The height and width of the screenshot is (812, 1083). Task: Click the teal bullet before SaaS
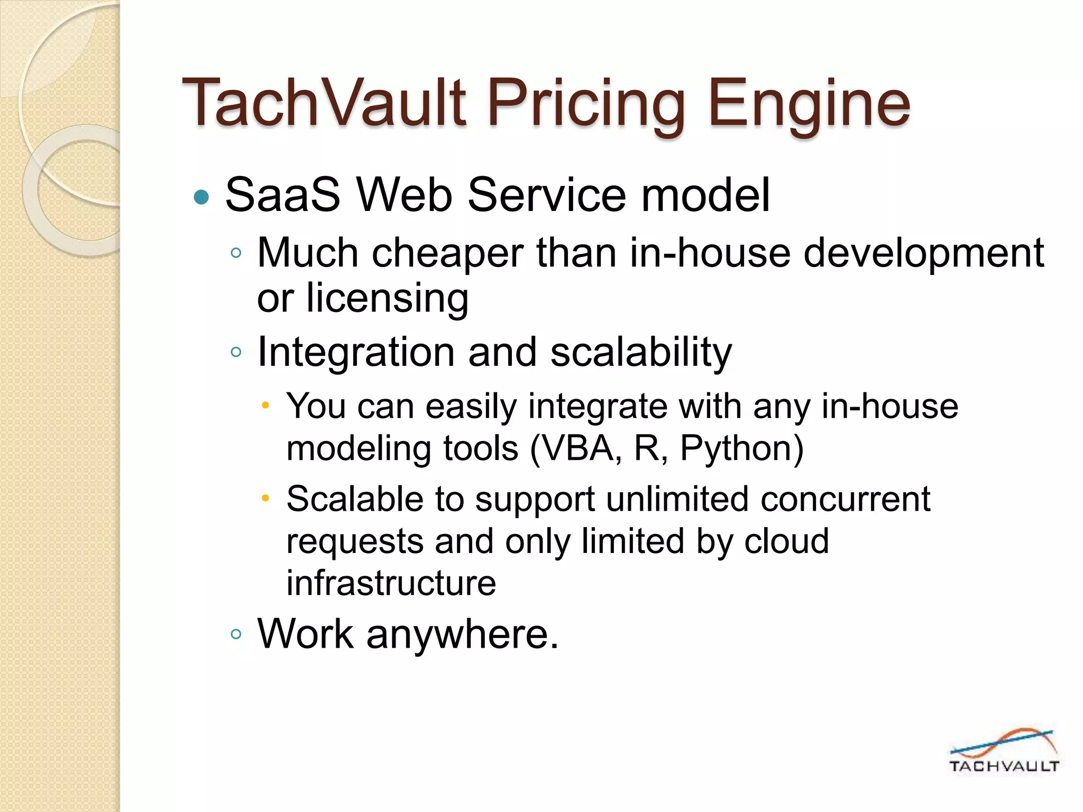[201, 198]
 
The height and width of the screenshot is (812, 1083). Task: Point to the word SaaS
[283, 195]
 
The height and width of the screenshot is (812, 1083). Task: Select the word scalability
[641, 353]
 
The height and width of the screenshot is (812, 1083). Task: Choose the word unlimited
[677, 499]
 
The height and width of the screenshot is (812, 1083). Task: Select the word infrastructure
[391, 583]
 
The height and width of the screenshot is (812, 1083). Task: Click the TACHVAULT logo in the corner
[1003, 751]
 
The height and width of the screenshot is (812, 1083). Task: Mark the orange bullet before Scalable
[265, 498]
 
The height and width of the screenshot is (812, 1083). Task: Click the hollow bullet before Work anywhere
[236, 634]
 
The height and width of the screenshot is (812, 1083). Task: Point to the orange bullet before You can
[265, 406]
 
